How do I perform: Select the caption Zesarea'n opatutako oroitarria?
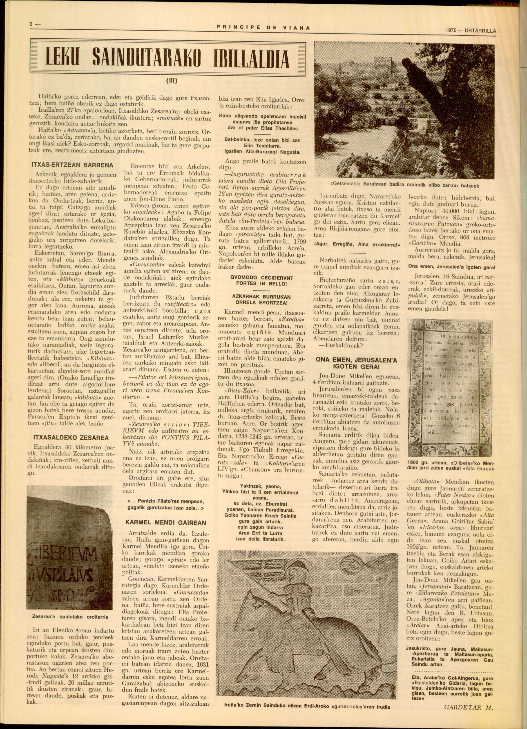point(70,617)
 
